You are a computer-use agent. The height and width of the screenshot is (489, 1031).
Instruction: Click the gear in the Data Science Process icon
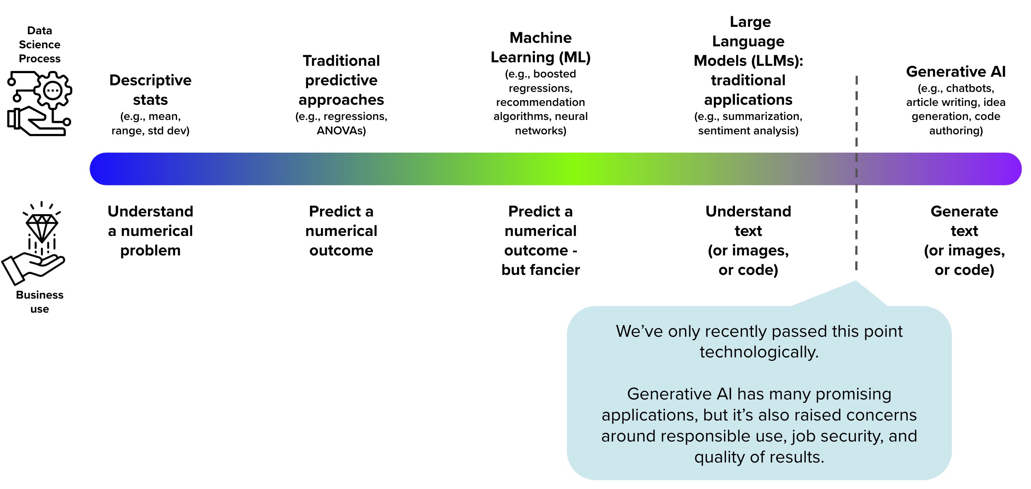tap(53, 90)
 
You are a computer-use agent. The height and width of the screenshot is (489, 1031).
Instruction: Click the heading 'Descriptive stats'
tap(151, 90)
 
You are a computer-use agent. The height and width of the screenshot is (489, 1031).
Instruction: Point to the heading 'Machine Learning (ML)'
tap(540, 47)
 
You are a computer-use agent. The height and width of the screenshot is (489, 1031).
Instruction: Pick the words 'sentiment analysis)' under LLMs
tap(748, 130)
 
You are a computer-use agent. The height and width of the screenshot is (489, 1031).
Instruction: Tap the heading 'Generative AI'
tap(956, 72)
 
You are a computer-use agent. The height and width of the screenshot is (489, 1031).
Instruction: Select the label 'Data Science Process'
tap(40, 44)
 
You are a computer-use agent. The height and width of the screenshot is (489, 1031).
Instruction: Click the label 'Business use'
tap(40, 302)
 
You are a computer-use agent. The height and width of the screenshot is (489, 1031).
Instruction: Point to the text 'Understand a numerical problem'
tap(151, 231)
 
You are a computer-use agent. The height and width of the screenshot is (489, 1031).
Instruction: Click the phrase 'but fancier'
tap(540, 270)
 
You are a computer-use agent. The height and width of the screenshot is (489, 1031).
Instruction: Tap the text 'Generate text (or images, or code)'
tap(964, 240)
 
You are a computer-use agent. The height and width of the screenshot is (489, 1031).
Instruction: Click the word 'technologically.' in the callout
tap(759, 352)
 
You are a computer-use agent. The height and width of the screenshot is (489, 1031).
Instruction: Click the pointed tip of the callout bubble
tap(856, 282)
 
